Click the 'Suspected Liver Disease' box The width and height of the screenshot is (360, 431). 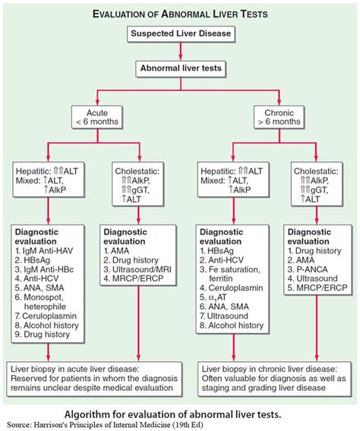[x=179, y=35]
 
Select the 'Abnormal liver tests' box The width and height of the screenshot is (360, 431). [x=179, y=68]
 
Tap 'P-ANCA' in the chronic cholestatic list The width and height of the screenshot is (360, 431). [x=309, y=270]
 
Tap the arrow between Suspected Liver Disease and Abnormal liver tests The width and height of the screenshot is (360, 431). [x=179, y=52]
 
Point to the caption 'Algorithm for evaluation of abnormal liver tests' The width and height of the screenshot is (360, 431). [x=179, y=413]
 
